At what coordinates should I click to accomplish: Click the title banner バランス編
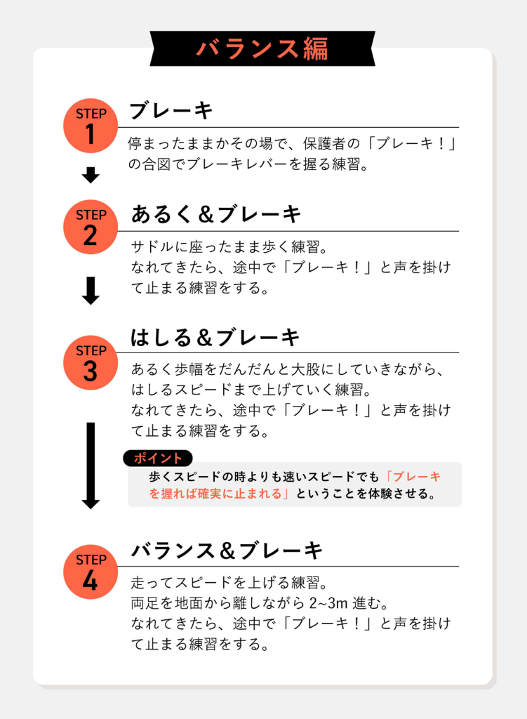(x=262, y=48)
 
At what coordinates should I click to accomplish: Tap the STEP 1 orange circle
(x=91, y=126)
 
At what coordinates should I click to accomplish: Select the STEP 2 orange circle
(x=91, y=227)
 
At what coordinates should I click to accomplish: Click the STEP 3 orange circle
(x=91, y=363)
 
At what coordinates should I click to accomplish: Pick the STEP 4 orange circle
(x=91, y=572)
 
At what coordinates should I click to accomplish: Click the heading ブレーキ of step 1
(x=171, y=111)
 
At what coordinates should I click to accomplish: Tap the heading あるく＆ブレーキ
(x=216, y=214)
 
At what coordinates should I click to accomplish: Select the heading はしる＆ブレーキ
(x=215, y=338)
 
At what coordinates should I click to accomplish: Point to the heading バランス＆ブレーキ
(x=227, y=550)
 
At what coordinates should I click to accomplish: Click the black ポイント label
(x=158, y=458)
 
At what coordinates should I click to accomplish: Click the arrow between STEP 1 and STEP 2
(x=91, y=175)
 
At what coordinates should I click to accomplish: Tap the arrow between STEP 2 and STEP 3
(x=91, y=291)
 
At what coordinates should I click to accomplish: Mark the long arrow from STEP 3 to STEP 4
(x=91, y=466)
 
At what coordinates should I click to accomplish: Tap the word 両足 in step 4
(x=145, y=603)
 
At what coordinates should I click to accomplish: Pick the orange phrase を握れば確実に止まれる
(x=215, y=494)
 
